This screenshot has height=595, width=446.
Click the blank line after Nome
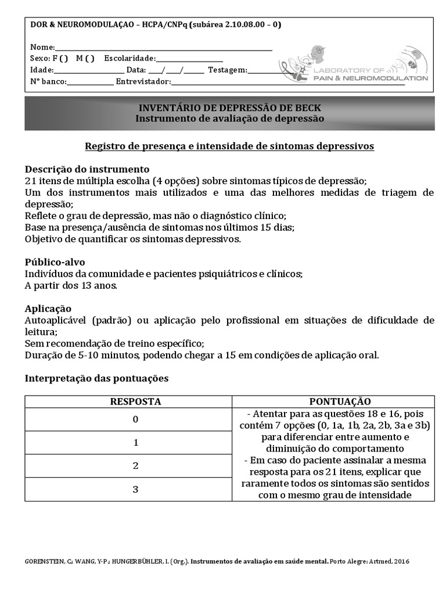(163, 48)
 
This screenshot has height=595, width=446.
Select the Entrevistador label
(143, 82)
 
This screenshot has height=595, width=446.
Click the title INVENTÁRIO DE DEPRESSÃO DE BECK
(229, 108)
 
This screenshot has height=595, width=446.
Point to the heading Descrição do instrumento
(87, 169)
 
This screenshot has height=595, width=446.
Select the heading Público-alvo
(55, 262)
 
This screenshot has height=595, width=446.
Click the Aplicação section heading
(48, 309)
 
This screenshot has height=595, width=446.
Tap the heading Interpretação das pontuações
(96, 378)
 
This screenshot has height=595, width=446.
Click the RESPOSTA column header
(135, 402)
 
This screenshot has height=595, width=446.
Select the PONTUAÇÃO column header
(340, 402)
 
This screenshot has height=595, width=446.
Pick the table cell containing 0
(135, 420)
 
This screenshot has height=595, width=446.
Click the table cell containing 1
(135, 443)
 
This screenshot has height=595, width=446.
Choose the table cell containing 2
(135, 466)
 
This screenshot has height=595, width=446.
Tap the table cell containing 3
(135, 489)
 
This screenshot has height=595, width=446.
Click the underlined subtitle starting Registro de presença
(229, 146)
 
